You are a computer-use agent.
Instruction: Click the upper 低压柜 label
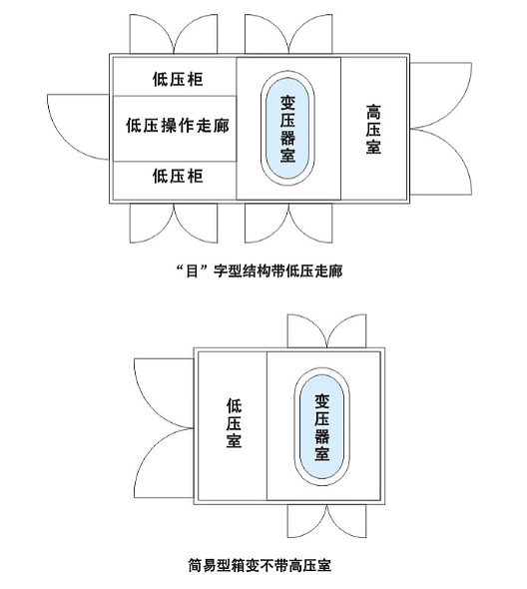coord(178,79)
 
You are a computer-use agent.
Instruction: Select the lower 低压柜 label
coord(178,176)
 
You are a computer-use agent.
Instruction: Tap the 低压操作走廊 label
coord(178,125)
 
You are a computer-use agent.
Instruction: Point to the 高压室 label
coord(373,129)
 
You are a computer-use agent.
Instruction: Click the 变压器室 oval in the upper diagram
coord(287,129)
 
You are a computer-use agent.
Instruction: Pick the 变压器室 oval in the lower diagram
coord(321,426)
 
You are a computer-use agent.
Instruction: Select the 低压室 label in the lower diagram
coord(234,423)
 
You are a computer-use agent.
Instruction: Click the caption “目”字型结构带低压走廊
coord(260,271)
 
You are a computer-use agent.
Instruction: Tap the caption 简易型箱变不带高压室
coord(260,565)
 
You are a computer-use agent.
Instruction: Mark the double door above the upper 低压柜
coord(174,34)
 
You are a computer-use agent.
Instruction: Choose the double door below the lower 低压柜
coord(174,224)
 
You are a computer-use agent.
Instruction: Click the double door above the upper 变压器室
coord(288,34)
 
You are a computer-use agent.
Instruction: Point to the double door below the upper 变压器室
coord(288,224)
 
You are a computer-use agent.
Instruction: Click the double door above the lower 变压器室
coord(326,330)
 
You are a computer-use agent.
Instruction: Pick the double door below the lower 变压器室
coord(326,521)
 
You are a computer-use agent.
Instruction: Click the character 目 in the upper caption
coord(192,271)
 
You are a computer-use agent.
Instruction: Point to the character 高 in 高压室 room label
coord(373,112)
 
